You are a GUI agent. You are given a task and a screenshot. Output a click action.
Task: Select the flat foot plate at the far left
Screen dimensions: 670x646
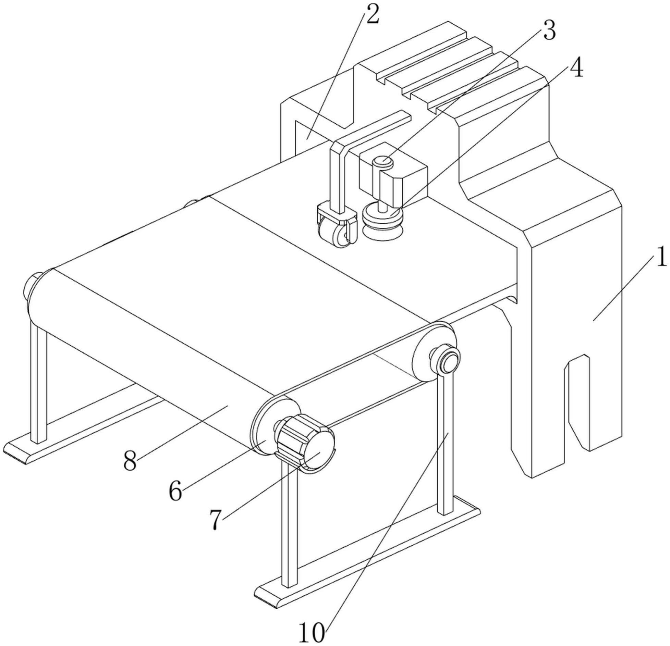tap(82, 425)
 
